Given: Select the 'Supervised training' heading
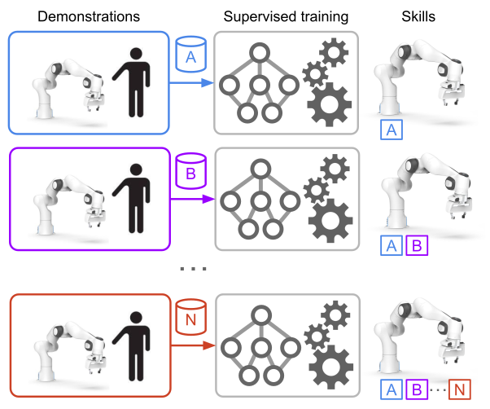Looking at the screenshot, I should (286, 15).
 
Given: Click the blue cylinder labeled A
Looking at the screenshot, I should (190, 53).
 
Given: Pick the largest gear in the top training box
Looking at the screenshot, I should (333, 106).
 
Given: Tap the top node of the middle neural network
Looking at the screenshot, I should (260, 170).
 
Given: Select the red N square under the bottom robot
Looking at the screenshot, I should (460, 389).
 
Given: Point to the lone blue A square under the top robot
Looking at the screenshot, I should (392, 130).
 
